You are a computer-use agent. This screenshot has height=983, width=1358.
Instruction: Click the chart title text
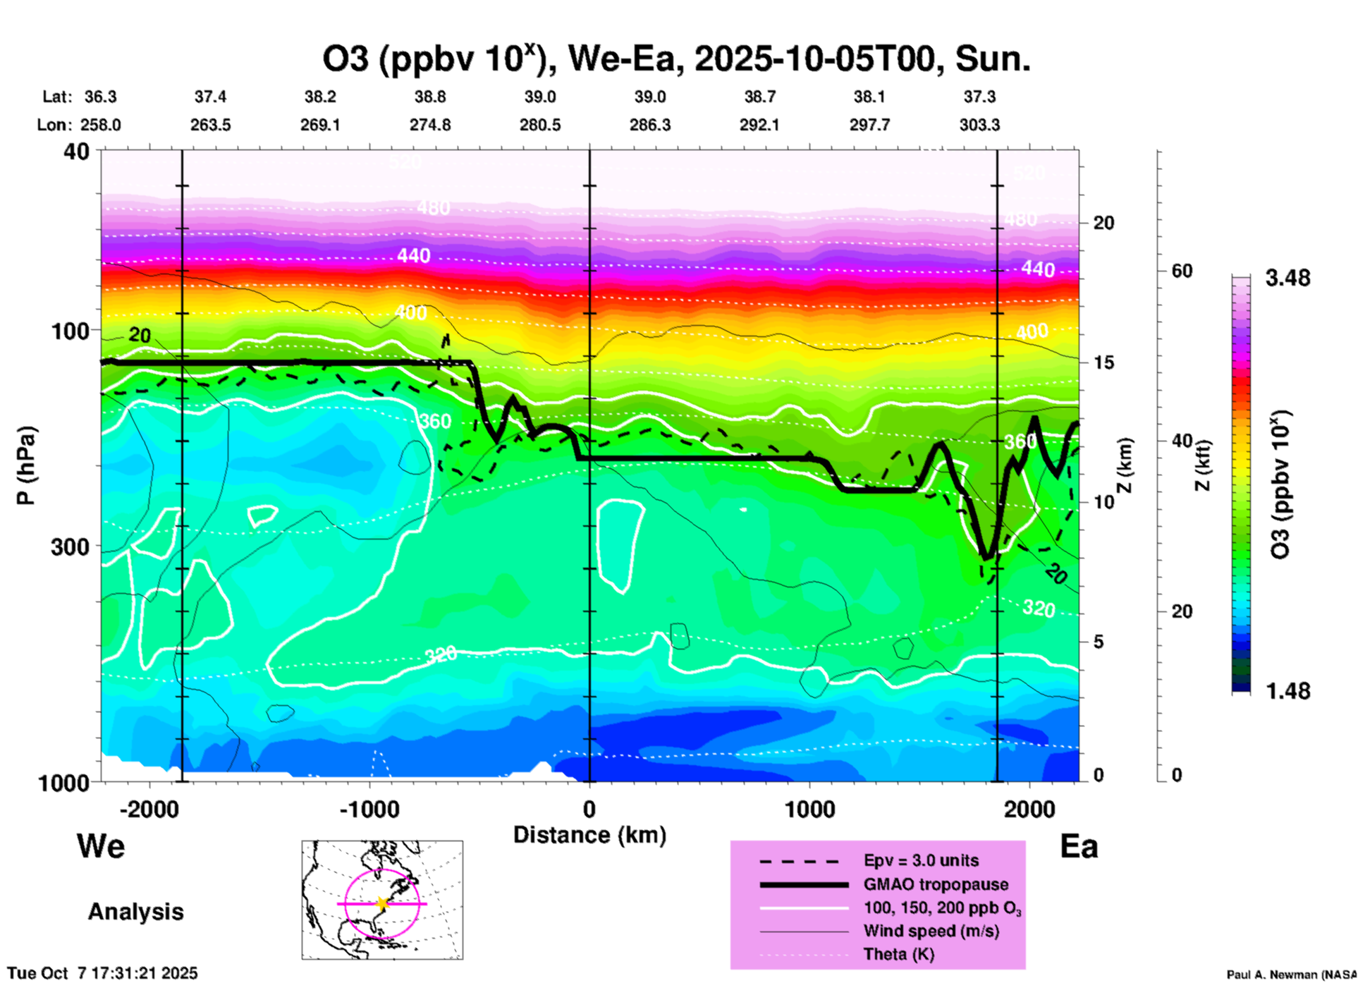(675, 59)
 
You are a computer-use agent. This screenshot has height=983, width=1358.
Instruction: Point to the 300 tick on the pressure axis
(71, 547)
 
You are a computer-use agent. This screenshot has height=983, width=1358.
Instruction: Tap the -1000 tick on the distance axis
(369, 810)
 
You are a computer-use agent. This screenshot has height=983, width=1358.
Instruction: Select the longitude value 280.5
(540, 125)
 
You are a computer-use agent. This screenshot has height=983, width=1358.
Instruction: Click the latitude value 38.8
(430, 97)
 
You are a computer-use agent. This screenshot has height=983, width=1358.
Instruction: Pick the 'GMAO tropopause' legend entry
(936, 884)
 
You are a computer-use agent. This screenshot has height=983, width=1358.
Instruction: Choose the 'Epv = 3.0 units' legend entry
(921, 860)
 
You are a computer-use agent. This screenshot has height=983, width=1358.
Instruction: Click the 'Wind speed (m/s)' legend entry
(931, 931)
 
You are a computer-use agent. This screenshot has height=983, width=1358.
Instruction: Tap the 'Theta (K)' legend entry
(898, 954)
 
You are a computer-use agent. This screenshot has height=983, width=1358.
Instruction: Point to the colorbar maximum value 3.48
(1287, 279)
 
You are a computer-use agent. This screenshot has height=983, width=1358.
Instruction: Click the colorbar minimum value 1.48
(1287, 691)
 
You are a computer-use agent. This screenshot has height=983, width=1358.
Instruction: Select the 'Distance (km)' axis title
(589, 835)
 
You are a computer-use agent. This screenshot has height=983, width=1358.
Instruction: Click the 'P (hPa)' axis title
(26, 465)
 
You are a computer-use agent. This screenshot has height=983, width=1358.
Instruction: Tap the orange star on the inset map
(382, 903)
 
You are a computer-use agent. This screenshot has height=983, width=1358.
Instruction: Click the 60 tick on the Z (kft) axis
(1182, 271)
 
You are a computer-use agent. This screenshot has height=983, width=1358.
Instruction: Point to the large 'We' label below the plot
(101, 846)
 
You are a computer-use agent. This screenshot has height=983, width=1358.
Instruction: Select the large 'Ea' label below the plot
(1079, 846)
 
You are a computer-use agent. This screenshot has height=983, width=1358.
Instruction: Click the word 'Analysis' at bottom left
(135, 912)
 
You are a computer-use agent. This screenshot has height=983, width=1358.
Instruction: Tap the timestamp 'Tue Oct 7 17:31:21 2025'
(103, 973)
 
